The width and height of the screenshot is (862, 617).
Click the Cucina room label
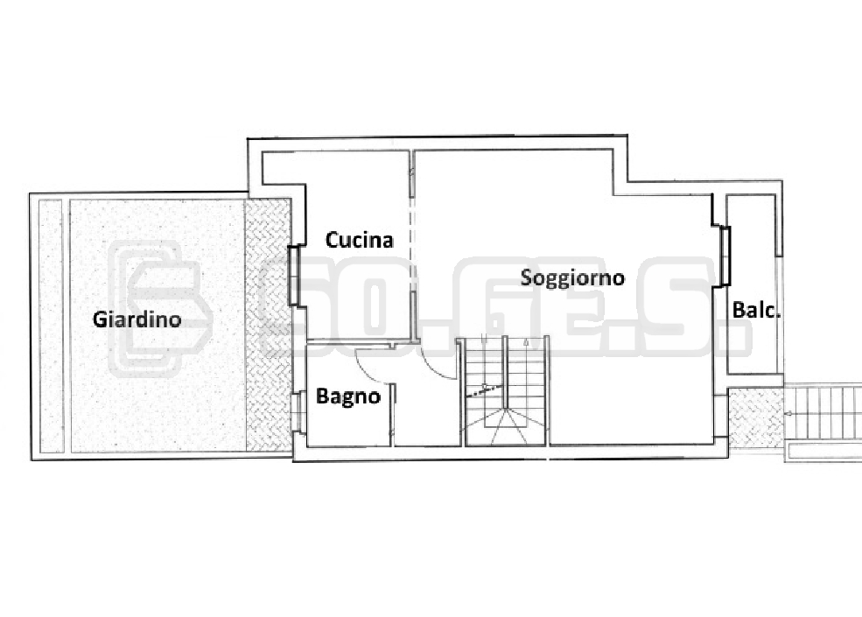pyautogui.click(x=360, y=241)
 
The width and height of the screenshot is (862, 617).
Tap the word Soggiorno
pyautogui.click(x=572, y=277)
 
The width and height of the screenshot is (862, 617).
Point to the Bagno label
pyautogui.click(x=348, y=396)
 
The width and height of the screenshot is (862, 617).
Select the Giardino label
pyautogui.click(x=137, y=319)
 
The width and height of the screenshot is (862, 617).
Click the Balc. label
pyautogui.click(x=756, y=311)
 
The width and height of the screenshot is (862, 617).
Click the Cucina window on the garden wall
pyautogui.click(x=293, y=276)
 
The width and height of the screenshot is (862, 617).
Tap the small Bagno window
pyautogui.click(x=298, y=411)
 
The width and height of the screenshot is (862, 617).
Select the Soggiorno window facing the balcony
pyautogui.click(x=725, y=256)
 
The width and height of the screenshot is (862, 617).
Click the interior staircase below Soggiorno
pyautogui.click(x=506, y=391)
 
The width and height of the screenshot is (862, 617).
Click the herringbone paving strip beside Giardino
pyautogui.click(x=268, y=325)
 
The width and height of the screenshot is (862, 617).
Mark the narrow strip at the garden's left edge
pyautogui.click(x=51, y=326)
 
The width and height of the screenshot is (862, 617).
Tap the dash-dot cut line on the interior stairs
pyautogui.click(x=485, y=391)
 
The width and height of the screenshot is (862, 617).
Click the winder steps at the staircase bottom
pyautogui.click(x=506, y=426)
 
